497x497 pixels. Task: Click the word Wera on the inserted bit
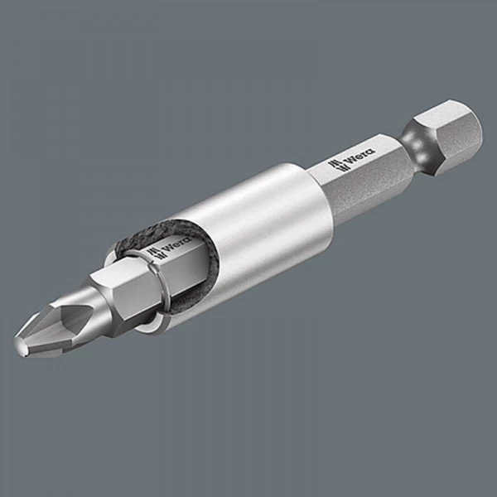pyautogui.click(x=176, y=248)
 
